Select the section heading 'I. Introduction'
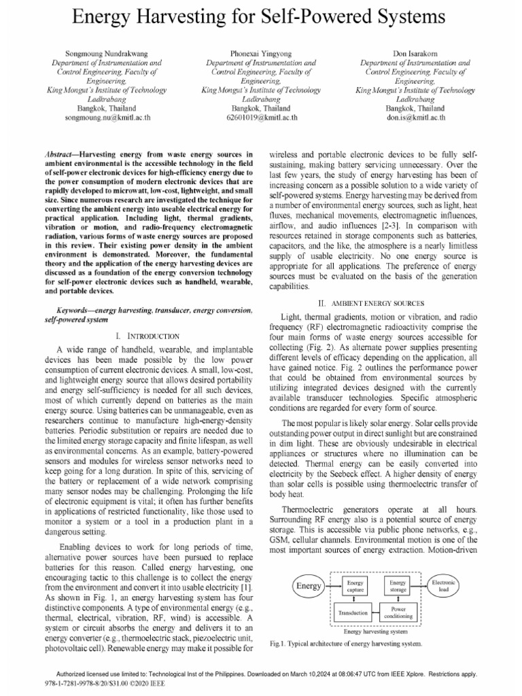tap(147, 336)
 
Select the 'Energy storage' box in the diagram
tap(398, 586)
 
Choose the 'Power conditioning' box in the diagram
tap(398, 612)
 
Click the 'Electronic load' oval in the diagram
tap(445, 586)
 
